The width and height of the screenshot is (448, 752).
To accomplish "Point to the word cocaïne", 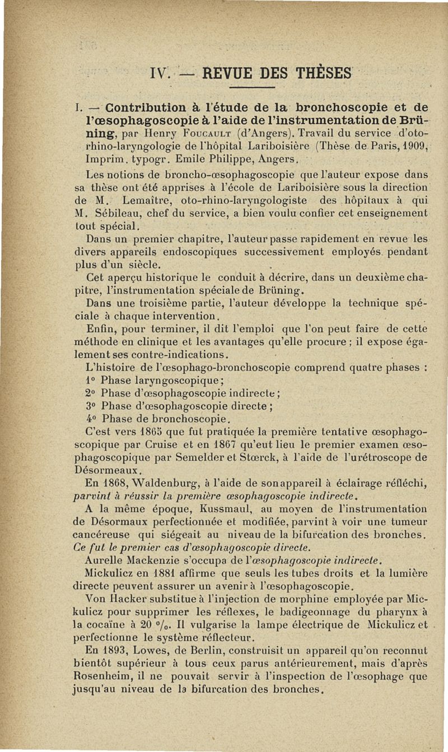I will click(x=105, y=623).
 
